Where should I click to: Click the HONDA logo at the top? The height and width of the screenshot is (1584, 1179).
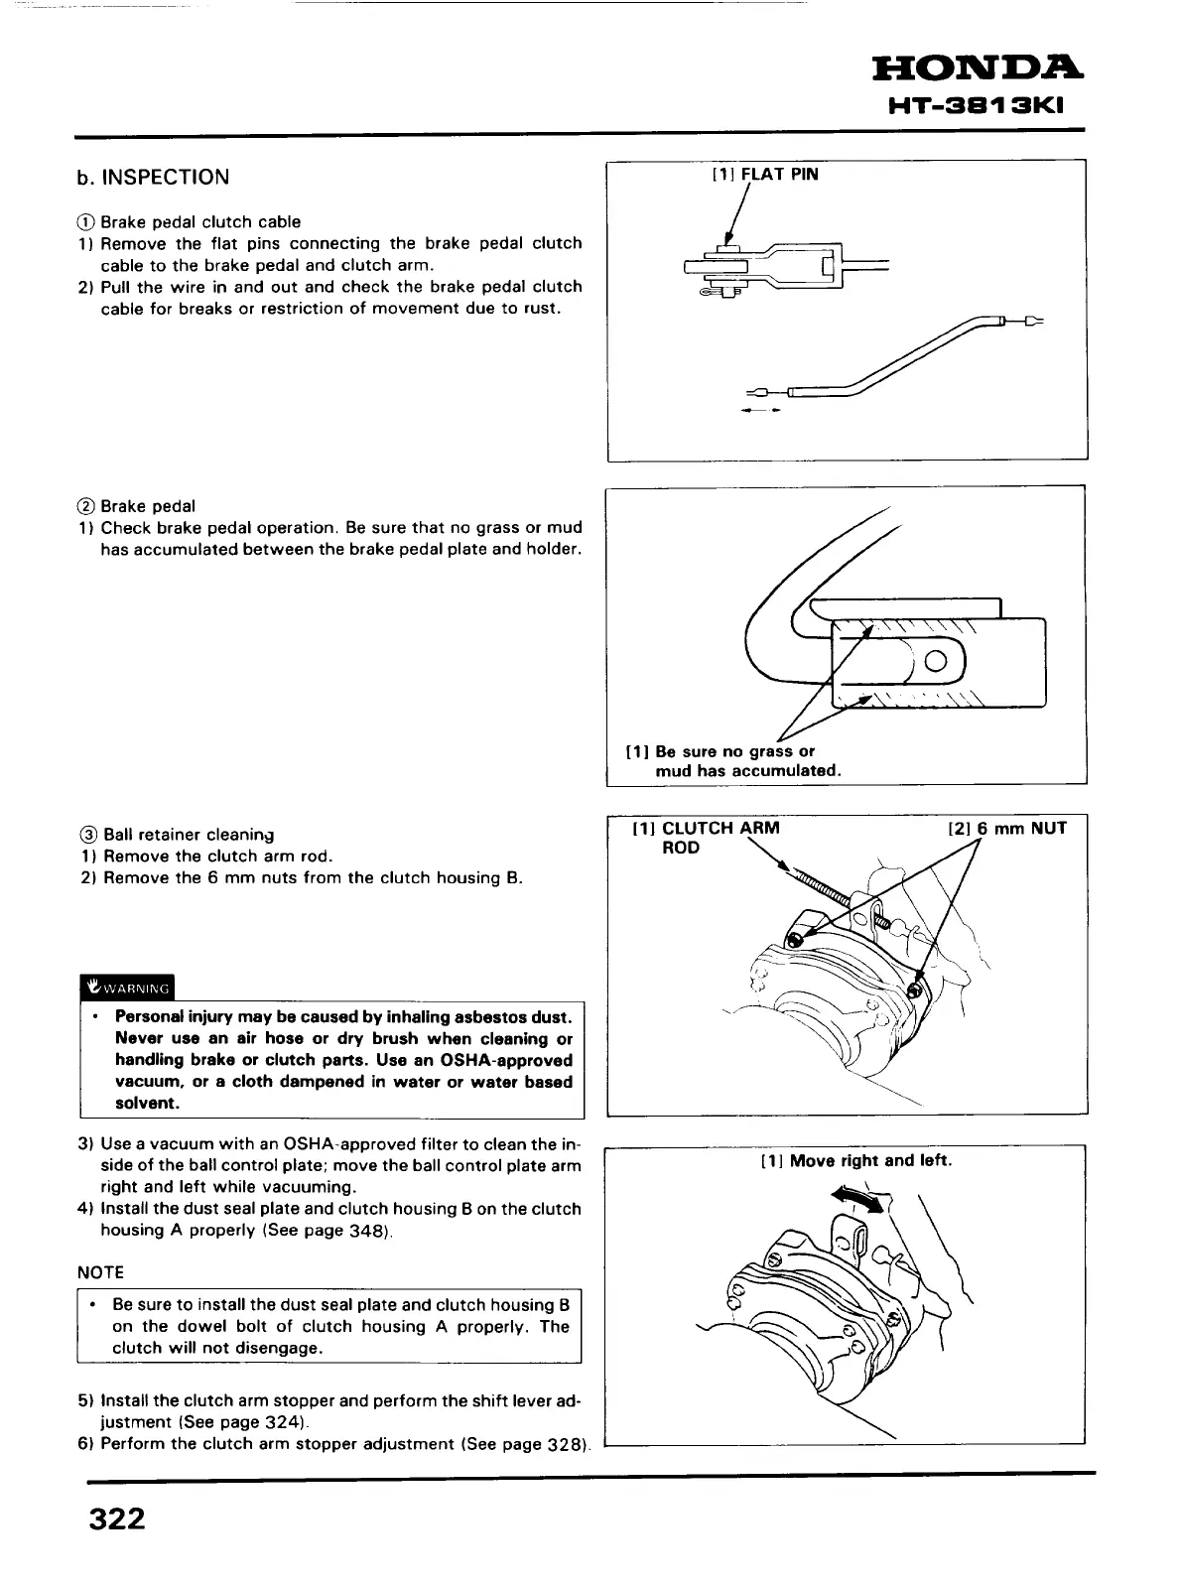coord(977,69)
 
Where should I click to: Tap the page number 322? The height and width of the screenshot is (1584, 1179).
coord(117,1519)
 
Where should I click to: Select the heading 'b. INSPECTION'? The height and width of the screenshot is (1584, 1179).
coord(153,178)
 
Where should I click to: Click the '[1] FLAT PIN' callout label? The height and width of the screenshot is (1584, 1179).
coord(765,175)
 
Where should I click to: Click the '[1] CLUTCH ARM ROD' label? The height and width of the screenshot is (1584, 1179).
coord(705,837)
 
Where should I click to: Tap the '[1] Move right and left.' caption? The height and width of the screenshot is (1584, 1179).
coord(855,1160)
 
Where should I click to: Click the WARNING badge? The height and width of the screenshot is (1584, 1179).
coord(126,988)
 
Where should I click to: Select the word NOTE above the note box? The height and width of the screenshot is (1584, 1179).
coord(100,1272)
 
